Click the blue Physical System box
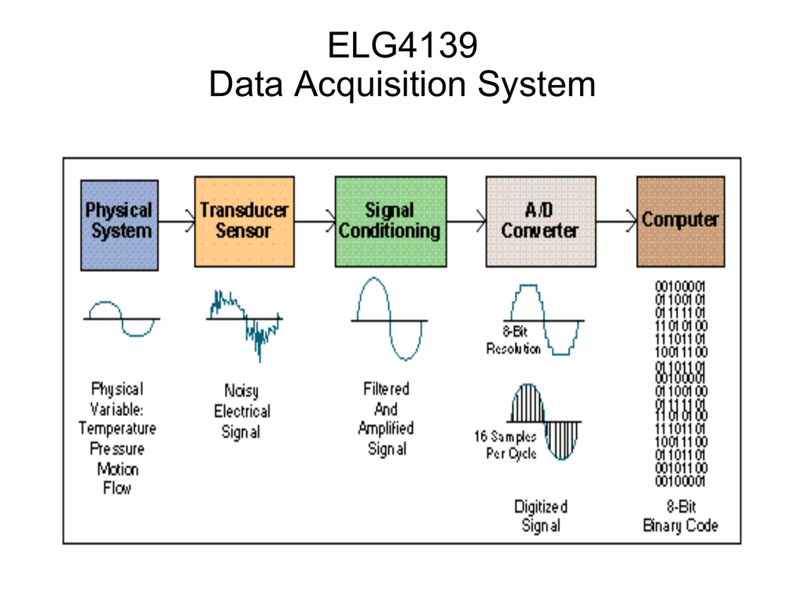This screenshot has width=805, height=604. [x=119, y=225]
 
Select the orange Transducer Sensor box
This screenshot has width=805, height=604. [x=244, y=222]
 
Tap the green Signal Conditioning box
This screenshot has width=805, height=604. [x=390, y=222]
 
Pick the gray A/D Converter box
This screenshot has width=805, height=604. [x=540, y=222]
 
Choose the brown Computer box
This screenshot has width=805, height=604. [x=680, y=222]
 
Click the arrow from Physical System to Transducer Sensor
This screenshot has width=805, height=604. [x=177, y=222]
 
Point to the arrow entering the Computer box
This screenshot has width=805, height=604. [x=616, y=222]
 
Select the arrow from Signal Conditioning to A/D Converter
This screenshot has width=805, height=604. [x=466, y=222]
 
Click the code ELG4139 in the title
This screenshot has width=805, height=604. [x=402, y=46]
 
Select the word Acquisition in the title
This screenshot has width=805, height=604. [x=383, y=84]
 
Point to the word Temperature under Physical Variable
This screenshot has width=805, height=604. [x=117, y=429]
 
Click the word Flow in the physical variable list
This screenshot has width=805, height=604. [x=117, y=488]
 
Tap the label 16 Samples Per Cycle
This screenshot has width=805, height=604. [x=505, y=445]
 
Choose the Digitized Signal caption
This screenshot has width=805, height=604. [x=541, y=516]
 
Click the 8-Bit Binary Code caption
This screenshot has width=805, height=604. [x=680, y=517]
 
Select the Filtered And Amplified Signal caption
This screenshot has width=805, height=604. [x=386, y=418]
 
